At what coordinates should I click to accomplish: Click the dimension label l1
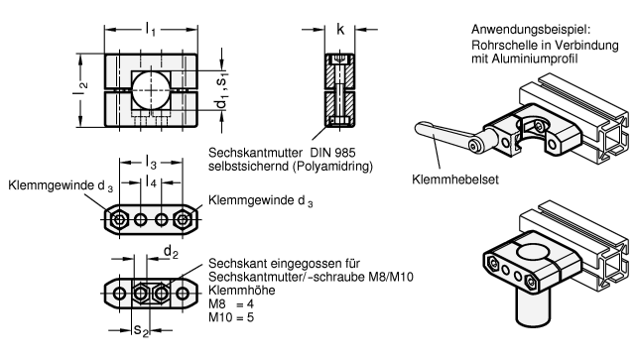[x=150, y=29]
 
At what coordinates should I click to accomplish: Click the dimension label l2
[x=80, y=89]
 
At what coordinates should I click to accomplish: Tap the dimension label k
[x=340, y=29]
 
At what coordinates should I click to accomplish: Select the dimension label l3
[x=151, y=163]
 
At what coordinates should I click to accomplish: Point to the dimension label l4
[x=151, y=181]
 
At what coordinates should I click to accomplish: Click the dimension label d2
[x=171, y=252]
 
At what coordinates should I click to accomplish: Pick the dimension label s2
[x=141, y=330]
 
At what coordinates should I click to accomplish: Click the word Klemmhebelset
[x=455, y=180]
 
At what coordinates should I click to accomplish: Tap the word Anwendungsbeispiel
[x=530, y=30]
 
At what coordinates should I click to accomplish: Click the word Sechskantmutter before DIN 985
[x=255, y=153]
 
